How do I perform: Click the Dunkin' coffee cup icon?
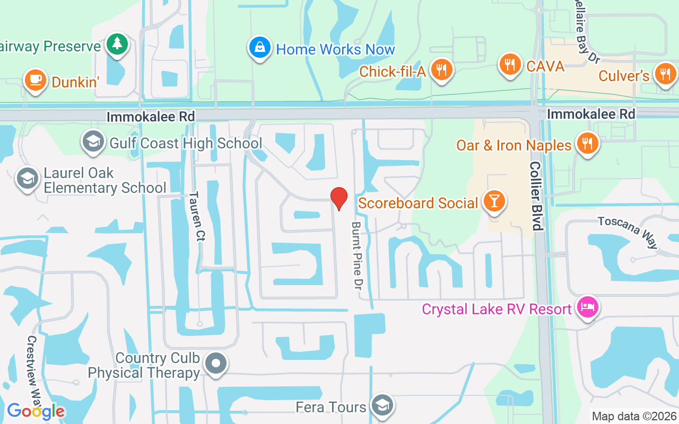[35, 81]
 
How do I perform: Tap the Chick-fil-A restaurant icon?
[441, 69]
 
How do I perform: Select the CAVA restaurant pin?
[510, 65]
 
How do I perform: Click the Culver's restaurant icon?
[665, 74]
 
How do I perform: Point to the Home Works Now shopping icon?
[260, 48]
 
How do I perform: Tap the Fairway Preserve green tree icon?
[117, 44]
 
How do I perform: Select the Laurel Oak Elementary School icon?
[27, 178]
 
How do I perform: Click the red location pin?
[339, 198]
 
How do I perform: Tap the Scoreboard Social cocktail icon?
[494, 202]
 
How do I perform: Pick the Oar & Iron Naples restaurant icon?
[587, 143]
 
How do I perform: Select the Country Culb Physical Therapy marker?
[215, 364]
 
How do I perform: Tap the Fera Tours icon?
[381, 405]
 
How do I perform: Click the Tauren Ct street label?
[197, 216]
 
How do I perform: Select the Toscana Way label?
[627, 232]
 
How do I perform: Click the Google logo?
[36, 411]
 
